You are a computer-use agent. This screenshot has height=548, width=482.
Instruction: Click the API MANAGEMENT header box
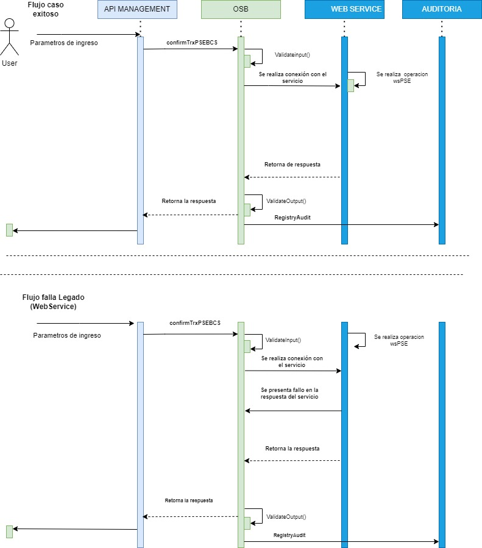[x=137, y=9]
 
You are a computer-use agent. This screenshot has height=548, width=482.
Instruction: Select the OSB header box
[x=241, y=9]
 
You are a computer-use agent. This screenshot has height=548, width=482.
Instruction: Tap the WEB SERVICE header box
[x=344, y=9]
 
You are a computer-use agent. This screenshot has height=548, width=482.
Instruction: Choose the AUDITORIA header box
[x=441, y=9]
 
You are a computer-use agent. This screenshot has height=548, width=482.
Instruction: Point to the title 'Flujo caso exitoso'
[x=46, y=9]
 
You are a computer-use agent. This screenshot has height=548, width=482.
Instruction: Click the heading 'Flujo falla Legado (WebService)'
[x=54, y=302]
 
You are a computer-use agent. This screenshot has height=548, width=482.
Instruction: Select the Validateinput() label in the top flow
[x=292, y=55]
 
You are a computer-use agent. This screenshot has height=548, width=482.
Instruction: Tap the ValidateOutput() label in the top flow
[x=286, y=201]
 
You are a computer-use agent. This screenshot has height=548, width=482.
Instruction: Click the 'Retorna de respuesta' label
[x=292, y=165]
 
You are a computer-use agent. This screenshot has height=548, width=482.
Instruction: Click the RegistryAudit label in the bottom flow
[x=289, y=535]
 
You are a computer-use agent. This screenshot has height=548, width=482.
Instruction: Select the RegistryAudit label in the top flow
[x=293, y=218]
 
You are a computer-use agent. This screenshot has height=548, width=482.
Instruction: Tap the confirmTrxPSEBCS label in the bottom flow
[x=195, y=322]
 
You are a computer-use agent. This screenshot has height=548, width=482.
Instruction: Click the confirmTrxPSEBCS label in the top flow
[x=192, y=42]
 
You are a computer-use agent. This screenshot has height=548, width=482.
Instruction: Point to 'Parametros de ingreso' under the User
[x=64, y=43]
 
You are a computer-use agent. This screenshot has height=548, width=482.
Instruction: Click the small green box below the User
[x=9, y=230]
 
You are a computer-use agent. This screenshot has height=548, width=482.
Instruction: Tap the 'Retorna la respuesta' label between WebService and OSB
[x=292, y=448]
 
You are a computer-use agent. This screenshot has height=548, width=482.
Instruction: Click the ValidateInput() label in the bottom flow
[x=284, y=340]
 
